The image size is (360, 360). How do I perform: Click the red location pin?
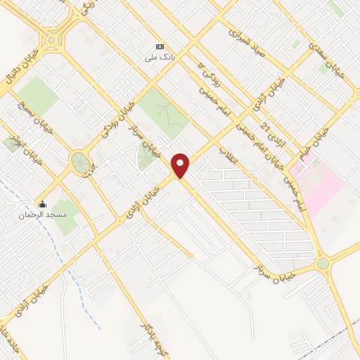pyautogui.click(x=181, y=165)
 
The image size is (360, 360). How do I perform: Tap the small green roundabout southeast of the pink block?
pyautogui.click(x=323, y=264)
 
